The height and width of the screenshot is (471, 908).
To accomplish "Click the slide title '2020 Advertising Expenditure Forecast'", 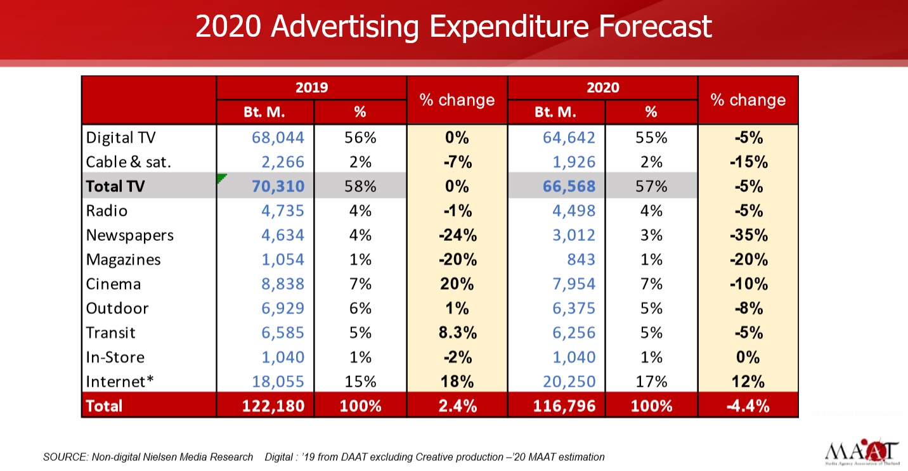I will click(453, 27).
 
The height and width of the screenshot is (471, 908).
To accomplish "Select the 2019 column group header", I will click(311, 87).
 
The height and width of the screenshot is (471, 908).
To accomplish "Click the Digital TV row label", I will click(120, 138).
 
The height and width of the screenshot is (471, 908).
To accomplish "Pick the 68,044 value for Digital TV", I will click(278, 138).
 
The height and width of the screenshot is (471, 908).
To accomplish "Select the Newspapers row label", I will click(130, 235).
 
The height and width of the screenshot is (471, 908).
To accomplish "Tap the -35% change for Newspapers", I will click(748, 235).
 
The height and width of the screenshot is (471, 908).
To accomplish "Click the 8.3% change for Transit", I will click(457, 333).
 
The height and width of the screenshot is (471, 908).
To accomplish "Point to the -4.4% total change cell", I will click(748, 406).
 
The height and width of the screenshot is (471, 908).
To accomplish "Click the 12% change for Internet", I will click(748, 382).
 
